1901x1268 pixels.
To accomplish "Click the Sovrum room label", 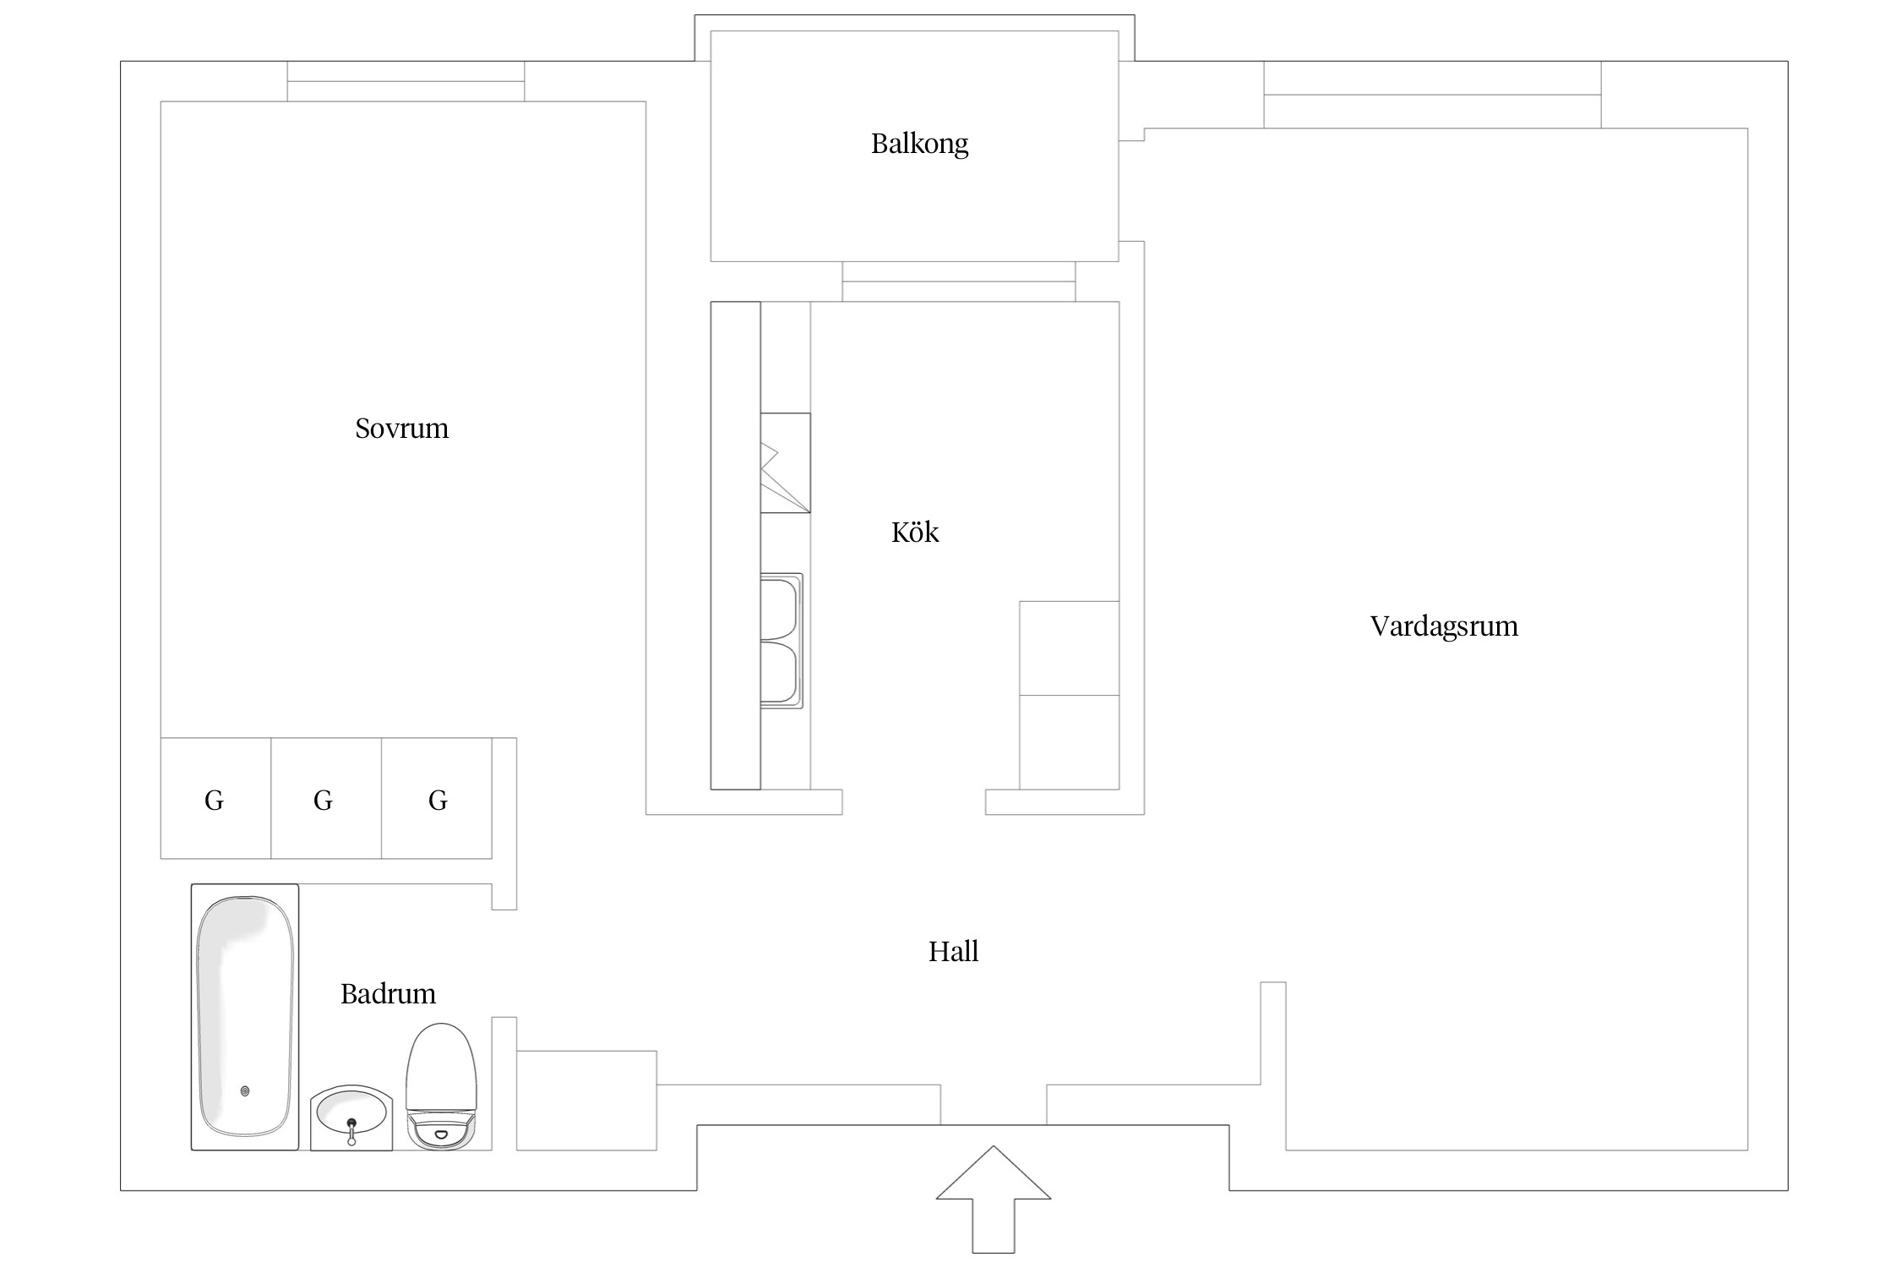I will point(401,429).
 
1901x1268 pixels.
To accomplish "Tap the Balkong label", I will point(919,144).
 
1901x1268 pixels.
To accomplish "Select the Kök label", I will point(915,533).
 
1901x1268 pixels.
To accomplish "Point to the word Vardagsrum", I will point(1444,626).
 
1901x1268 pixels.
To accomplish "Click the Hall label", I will point(953,952).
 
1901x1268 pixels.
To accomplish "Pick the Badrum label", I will point(388,994).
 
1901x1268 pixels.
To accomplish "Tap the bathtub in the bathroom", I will point(245,1014).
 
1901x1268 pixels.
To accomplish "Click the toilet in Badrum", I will point(441,1086).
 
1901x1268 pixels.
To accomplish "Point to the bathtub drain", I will point(245,1091).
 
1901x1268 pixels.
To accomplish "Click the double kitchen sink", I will point(781,640).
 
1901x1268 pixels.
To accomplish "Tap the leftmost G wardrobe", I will point(215,799).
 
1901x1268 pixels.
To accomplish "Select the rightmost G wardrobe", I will point(437,799).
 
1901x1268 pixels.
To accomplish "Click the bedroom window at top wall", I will point(406,81).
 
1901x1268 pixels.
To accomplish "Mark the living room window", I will point(1432,95).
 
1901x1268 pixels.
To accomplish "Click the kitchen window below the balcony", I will point(958,281).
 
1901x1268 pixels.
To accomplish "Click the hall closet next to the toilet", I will point(586,1100).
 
